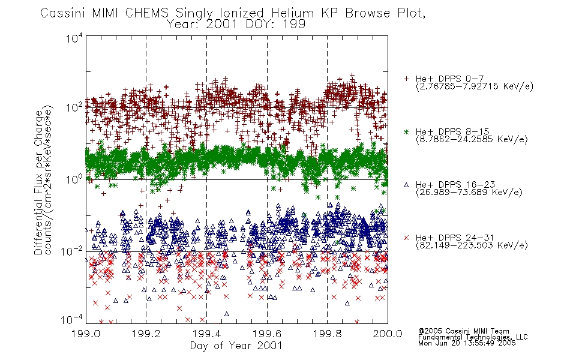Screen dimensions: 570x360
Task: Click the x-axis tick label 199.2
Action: click(146, 334)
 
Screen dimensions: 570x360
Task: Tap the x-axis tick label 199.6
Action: click(267, 334)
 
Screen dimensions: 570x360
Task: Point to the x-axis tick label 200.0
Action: click(388, 334)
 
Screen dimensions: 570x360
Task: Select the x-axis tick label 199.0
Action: click(86, 334)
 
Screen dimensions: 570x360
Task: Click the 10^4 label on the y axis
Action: click(74, 38)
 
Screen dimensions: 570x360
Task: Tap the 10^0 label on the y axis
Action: click(74, 179)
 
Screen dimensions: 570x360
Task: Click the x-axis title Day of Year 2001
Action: click(236, 346)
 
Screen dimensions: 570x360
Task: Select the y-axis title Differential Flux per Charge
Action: click(39, 182)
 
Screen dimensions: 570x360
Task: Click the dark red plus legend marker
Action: click(406, 79)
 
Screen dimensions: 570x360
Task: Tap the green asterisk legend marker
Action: click(406, 131)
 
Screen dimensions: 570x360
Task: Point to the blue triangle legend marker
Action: click(406, 185)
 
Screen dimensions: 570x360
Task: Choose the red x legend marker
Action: click(406, 238)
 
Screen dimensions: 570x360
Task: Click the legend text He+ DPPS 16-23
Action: click(455, 185)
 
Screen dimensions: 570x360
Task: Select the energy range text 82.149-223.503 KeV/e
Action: click(472, 245)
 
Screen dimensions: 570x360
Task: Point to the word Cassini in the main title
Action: click(63, 13)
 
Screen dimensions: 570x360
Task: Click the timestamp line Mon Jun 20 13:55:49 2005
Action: click(467, 343)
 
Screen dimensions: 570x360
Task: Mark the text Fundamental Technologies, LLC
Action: click(473, 337)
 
